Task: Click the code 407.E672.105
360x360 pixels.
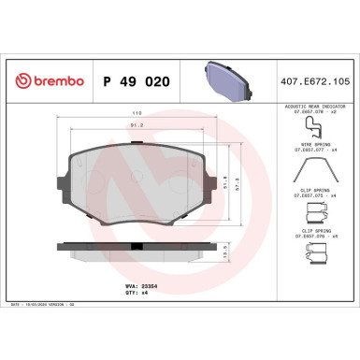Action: click(315, 81)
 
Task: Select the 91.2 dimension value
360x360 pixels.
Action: click(136, 124)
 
